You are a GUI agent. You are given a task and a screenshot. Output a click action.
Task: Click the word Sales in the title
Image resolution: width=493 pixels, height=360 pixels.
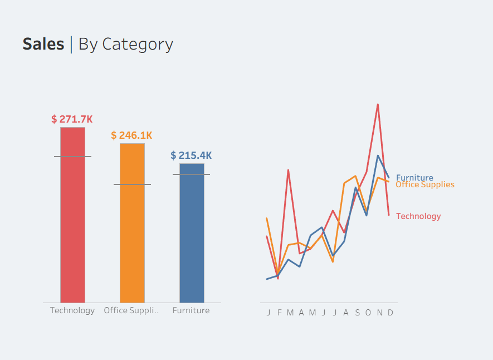[x=43, y=44]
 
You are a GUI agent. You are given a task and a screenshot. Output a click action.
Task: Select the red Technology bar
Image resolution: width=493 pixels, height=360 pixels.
[x=72, y=223]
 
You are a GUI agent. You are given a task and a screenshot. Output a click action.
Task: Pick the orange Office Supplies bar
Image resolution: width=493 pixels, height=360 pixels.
[x=132, y=234]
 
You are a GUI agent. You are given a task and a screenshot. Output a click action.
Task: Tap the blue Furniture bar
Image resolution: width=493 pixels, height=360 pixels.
[x=192, y=240]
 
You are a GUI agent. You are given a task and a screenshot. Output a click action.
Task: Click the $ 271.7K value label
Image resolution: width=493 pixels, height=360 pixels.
[x=72, y=119]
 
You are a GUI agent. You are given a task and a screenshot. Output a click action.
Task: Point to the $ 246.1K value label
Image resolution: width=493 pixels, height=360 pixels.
[x=131, y=135]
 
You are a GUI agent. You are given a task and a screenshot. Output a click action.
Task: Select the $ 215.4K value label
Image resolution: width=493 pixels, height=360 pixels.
[x=191, y=155]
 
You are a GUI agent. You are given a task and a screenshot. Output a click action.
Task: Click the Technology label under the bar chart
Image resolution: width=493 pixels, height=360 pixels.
[x=72, y=310]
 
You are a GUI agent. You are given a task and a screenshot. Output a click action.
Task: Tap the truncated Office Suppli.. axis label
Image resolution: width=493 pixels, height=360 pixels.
[x=131, y=310]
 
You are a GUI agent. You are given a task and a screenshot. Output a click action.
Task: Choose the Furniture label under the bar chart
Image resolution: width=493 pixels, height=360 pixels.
[x=191, y=310]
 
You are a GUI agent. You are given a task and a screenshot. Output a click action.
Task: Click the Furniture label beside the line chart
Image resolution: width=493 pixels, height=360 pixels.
[x=414, y=178]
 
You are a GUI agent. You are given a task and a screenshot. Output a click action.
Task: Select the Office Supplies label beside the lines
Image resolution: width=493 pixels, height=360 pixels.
[x=425, y=184]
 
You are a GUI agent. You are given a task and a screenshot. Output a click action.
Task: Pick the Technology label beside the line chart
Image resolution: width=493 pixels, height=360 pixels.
[x=418, y=216]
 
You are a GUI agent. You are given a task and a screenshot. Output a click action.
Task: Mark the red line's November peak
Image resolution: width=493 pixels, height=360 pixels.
[x=378, y=104]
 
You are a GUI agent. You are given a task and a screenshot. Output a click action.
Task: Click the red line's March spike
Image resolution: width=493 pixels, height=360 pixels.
[x=289, y=170]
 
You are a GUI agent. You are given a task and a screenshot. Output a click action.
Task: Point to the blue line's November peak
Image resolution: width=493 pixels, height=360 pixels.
[x=378, y=155]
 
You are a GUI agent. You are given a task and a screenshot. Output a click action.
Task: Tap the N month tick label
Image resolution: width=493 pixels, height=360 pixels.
[x=379, y=313]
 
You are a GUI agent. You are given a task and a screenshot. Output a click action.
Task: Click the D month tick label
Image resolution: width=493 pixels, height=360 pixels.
[x=391, y=313]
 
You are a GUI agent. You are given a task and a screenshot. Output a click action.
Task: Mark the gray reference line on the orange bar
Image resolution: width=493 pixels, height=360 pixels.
[x=132, y=184]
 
